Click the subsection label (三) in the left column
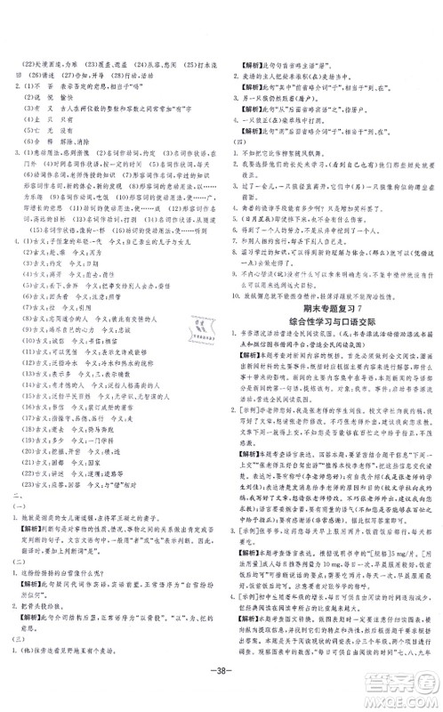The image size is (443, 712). pos(17,640)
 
